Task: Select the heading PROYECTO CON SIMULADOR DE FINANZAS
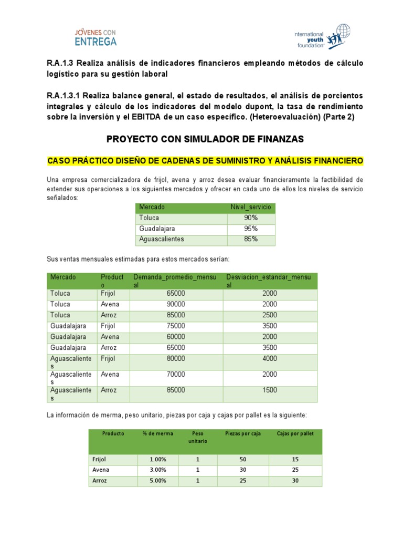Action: [x=205, y=139]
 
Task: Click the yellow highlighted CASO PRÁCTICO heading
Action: [x=205, y=160]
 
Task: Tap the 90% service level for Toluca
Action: [x=251, y=218]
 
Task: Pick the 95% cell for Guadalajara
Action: [x=251, y=229]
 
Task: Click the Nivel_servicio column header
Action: [x=251, y=207]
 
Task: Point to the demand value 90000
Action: [x=176, y=304]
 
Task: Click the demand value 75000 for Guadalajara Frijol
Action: [x=176, y=326]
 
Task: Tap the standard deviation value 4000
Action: [x=270, y=359]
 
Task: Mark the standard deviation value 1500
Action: [x=270, y=390]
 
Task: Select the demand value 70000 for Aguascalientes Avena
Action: [x=176, y=375]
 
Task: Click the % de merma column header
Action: [x=157, y=433]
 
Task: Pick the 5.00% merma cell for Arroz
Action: [x=157, y=481]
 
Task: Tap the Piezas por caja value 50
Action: [x=243, y=459]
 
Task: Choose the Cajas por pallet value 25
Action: [x=295, y=470]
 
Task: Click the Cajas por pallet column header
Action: [x=295, y=433]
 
